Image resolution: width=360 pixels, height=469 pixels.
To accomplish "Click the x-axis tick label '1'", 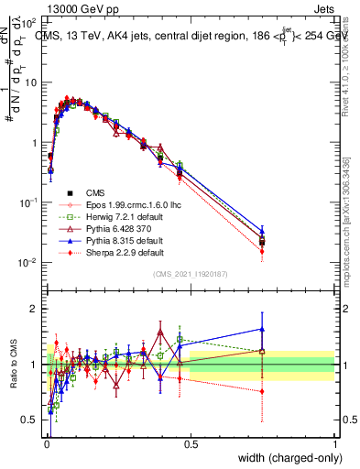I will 334,443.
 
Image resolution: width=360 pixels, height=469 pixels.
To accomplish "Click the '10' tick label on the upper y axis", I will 30,82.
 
